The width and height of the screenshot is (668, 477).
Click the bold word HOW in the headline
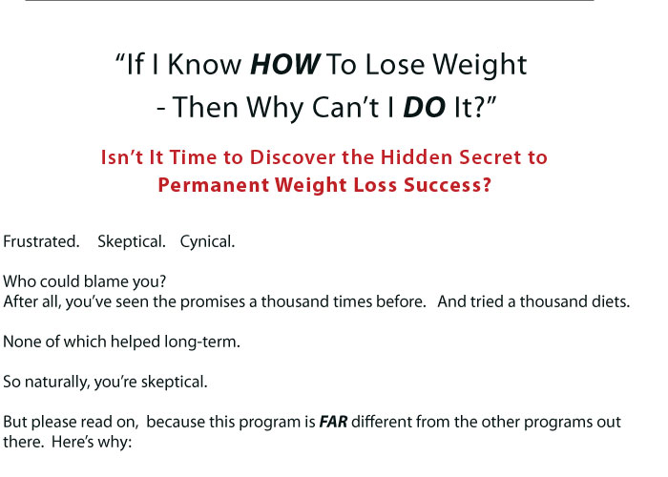click(284, 65)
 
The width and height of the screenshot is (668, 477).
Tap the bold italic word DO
click(424, 107)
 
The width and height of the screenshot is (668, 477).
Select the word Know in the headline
click(204, 65)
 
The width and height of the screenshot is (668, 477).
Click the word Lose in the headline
click(394, 65)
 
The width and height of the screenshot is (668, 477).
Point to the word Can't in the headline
click(345, 107)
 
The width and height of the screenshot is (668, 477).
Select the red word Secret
click(490, 157)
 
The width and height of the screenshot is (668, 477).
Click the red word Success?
click(448, 185)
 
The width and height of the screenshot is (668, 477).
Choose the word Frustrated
click(41, 241)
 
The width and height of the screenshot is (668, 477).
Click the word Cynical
click(207, 242)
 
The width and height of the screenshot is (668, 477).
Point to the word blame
click(107, 281)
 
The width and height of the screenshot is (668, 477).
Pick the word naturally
click(57, 382)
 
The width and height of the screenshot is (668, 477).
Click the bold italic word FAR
click(333, 422)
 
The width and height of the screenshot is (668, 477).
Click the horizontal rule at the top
click(309, 0)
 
